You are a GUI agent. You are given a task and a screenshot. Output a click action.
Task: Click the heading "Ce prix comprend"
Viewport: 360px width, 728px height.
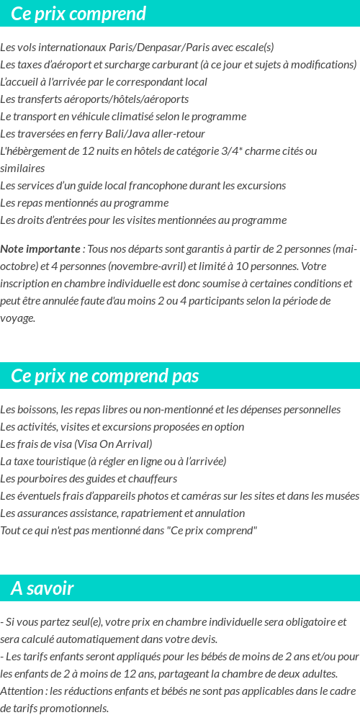click(x=78, y=14)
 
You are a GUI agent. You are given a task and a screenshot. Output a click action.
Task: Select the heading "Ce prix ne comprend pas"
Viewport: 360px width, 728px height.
click(x=105, y=376)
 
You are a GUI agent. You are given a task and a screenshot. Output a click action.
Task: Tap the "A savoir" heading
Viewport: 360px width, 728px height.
click(x=42, y=588)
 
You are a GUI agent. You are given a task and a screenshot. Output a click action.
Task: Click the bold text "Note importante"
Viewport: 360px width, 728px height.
click(x=40, y=249)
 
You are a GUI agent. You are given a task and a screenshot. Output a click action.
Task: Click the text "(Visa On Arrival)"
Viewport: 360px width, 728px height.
click(x=113, y=444)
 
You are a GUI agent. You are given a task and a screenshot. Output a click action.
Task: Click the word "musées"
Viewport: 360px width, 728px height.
click(x=343, y=496)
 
